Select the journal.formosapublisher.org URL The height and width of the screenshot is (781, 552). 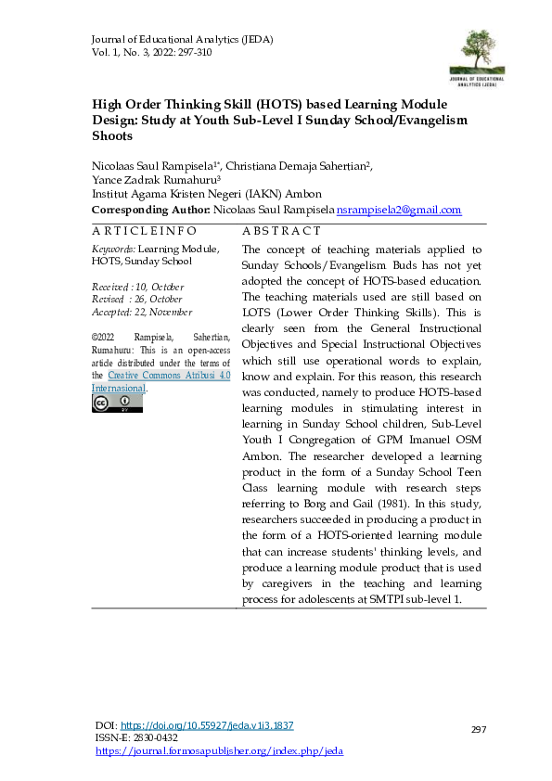click(x=220, y=750)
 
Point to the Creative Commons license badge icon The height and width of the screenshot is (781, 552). click(x=117, y=403)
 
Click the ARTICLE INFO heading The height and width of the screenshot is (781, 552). click(x=143, y=231)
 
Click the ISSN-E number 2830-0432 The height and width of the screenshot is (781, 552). click(x=156, y=738)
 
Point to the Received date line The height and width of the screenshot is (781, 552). click(x=137, y=288)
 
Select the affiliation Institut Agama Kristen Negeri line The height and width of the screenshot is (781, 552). click(x=206, y=195)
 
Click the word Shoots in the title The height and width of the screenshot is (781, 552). click(x=111, y=135)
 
